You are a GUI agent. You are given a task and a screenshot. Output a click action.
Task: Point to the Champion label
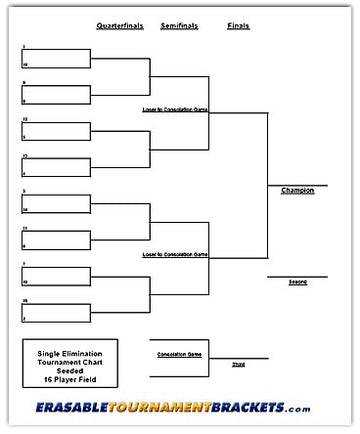(297, 190)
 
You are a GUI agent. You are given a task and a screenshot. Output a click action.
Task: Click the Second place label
(298, 282)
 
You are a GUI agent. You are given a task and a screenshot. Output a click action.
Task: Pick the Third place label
(237, 365)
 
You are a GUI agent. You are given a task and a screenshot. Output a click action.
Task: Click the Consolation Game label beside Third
(179, 354)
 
